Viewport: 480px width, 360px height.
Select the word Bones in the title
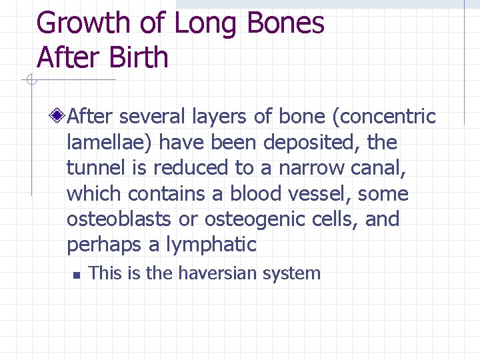coord(285,23)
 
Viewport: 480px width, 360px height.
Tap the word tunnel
coord(97,168)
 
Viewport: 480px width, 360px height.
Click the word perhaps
coord(105,245)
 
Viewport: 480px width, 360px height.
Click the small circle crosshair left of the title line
coord(30,81)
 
